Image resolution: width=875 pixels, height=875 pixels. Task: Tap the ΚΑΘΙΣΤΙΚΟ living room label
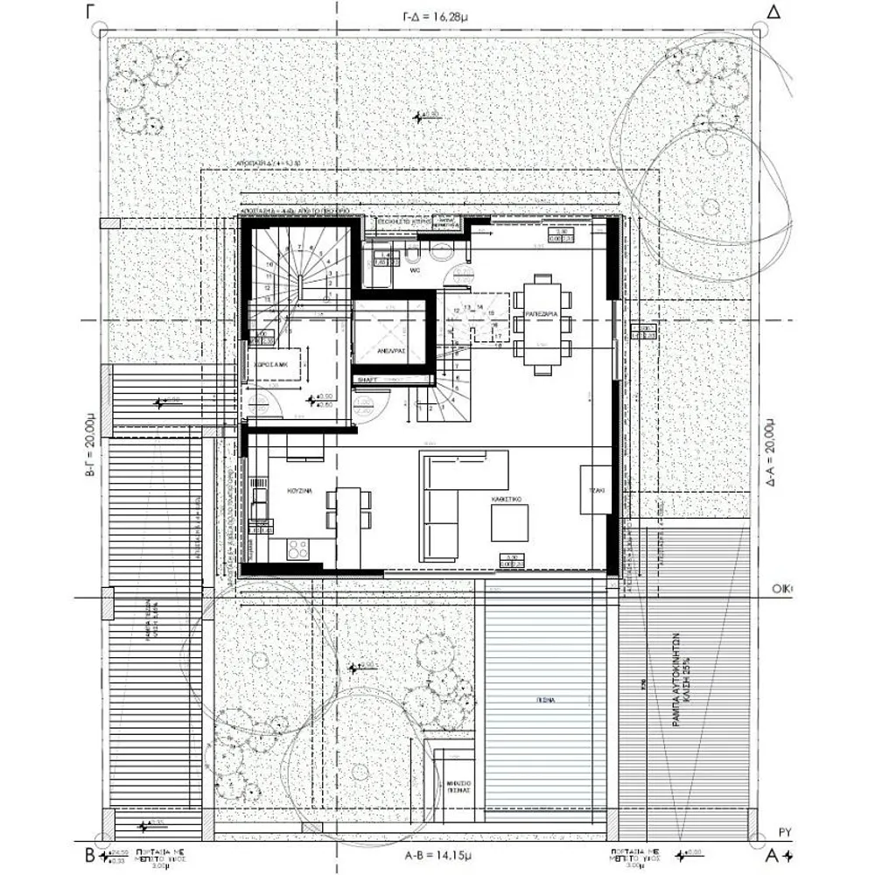507,496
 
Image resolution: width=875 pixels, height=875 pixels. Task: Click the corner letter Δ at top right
772,11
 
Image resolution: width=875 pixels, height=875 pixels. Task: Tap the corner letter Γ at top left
89,11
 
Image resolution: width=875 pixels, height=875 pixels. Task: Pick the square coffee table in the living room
509,524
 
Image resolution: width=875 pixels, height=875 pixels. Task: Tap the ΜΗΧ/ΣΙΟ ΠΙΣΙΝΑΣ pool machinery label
460,783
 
